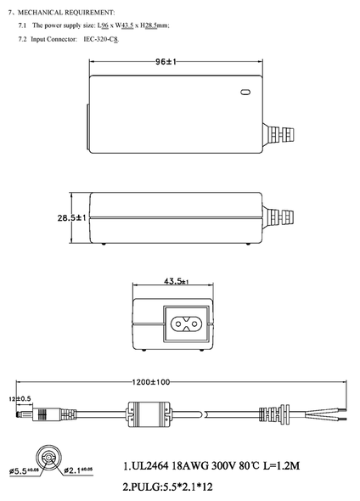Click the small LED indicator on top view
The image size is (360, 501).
tap(246, 93)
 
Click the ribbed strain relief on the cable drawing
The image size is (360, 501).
tap(272, 415)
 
